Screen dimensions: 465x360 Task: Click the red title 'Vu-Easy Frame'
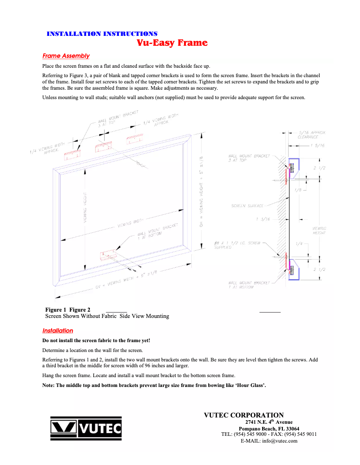pos(172,43)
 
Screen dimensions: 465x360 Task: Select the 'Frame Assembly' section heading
pos(66,56)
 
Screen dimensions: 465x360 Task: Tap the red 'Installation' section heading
pos(57,331)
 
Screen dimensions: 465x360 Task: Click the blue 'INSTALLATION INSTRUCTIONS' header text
pos(102,34)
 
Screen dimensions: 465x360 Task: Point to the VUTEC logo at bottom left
pos(85,429)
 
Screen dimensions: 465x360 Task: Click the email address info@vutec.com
pos(269,441)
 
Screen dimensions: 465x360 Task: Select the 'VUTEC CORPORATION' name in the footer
pos(244,415)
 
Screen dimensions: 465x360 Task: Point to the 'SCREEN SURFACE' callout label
pos(247,206)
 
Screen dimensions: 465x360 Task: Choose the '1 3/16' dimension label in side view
pos(263,219)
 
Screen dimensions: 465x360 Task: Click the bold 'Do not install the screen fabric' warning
pos(96,341)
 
